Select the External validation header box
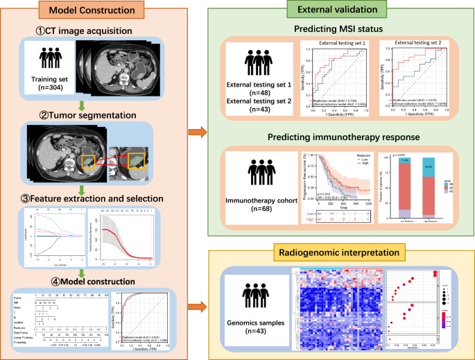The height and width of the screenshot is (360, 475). (x=340, y=8)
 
